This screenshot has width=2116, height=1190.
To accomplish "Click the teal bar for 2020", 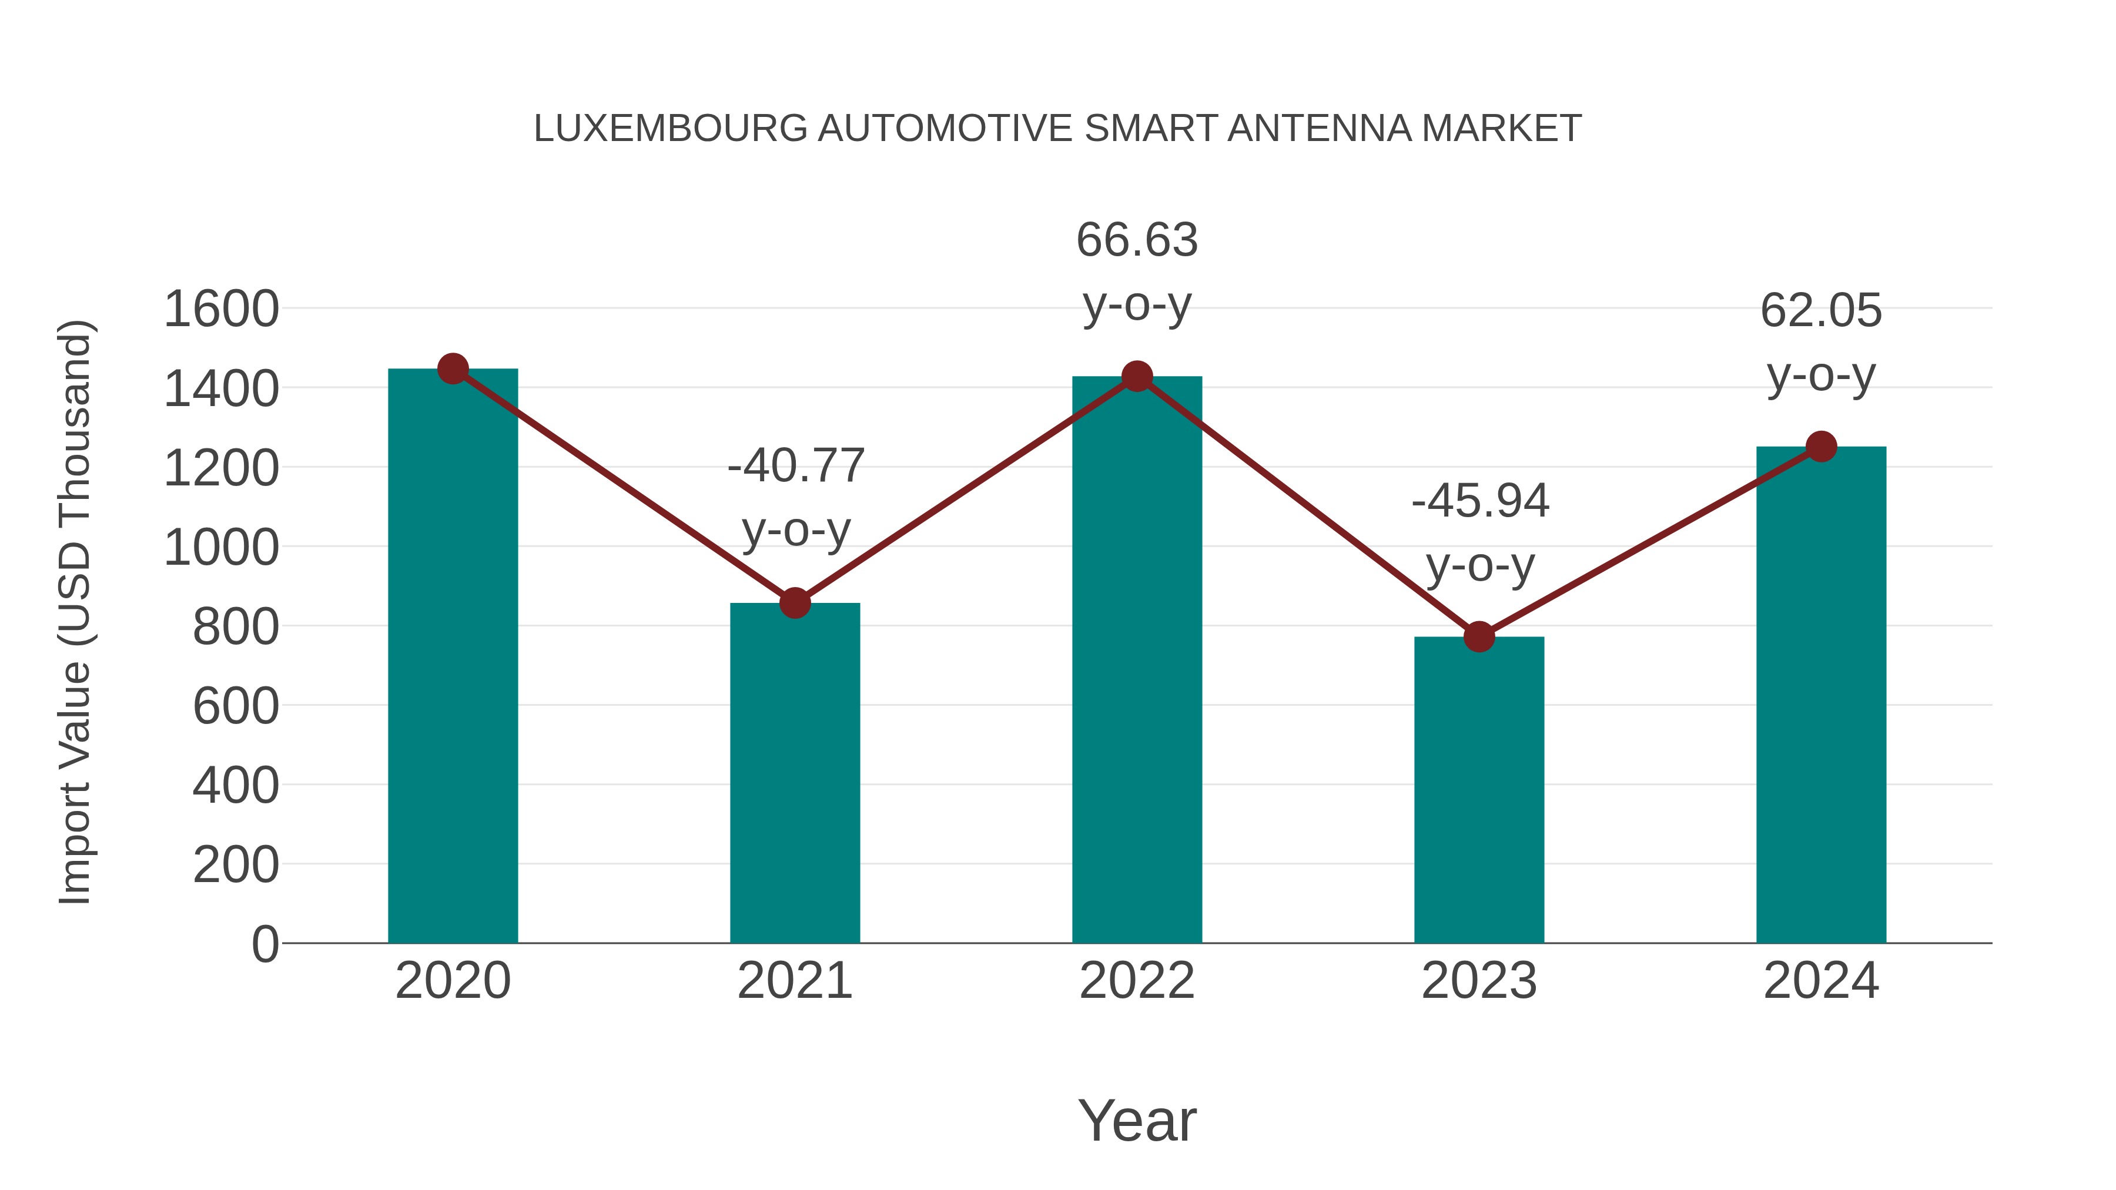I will point(453,657).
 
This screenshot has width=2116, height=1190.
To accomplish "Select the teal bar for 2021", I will point(794,772).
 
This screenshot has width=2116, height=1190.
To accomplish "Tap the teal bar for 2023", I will point(1479,789).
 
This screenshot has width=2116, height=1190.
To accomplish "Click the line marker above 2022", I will point(1137,377).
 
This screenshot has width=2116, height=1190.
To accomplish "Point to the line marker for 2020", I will point(453,368).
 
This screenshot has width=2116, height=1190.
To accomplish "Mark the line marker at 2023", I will point(1479,636).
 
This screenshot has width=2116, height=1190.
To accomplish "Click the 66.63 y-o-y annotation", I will point(1137,273).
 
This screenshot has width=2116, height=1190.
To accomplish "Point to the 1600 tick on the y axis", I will point(221,310).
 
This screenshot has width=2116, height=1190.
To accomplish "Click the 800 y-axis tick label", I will point(235,628).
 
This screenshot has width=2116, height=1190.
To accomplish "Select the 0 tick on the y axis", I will point(264,944).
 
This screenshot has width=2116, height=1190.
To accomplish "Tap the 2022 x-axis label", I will point(1137,981).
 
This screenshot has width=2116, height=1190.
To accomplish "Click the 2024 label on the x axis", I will point(1820,981).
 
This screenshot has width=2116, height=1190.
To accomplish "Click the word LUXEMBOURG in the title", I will point(670,129).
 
